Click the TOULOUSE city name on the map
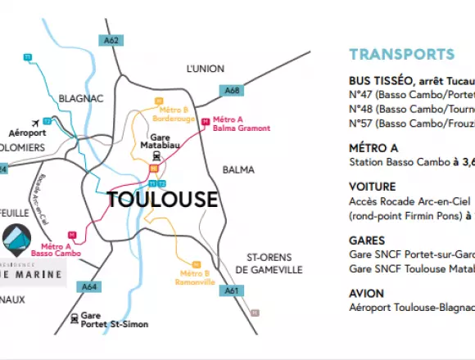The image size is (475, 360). coord(163,200)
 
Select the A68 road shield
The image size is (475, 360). coord(232,91)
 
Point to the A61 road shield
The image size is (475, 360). coord(232,290)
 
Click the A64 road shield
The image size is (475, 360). coord(91,286)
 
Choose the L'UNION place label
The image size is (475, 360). coord(206,69)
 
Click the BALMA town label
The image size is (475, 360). coord(240,170)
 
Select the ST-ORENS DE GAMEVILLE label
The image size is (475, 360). coord(269,263)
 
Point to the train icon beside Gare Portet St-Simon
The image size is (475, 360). coord(75,318)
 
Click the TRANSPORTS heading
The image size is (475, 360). coord(401,55)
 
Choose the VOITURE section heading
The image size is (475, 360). coord(373,187)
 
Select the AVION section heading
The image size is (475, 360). coord(366,292)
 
